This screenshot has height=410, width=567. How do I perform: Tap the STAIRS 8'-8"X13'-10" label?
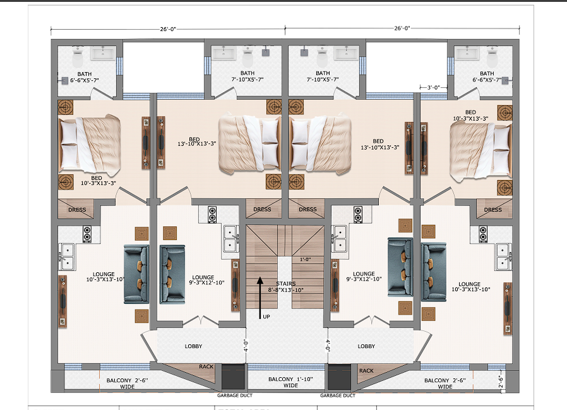coord(285,287)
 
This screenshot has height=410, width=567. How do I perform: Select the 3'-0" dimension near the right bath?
coord(434,87)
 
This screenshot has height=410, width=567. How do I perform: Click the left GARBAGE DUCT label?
coord(235,395)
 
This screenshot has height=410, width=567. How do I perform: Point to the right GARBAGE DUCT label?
coord(338,395)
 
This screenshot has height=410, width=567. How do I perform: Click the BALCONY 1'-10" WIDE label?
coord(290,382)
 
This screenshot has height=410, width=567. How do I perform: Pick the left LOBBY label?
coord(193,346)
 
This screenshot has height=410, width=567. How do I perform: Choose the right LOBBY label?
coord(366,346)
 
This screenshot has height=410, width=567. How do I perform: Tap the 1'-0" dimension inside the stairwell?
coord(306,259)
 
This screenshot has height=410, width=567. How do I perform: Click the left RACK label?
coord(206,366)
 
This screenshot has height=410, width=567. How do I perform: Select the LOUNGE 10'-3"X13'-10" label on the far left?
coord(105,277)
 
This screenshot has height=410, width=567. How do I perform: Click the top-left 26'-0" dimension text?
coord(168,29)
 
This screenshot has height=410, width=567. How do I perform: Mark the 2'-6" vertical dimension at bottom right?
coord(501,382)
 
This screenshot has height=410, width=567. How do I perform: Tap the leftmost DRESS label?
coord(77,210)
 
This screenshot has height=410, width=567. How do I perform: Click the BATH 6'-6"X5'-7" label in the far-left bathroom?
coord(84,77)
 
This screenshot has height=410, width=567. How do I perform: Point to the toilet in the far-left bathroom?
coord(78,57)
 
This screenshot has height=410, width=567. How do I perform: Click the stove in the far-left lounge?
coord(87,234)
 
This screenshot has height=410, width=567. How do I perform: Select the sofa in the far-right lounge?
coord(434,272)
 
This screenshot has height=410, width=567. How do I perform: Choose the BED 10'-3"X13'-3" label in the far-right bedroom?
coord(470,116)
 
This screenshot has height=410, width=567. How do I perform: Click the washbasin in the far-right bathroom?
coord(467,54)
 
